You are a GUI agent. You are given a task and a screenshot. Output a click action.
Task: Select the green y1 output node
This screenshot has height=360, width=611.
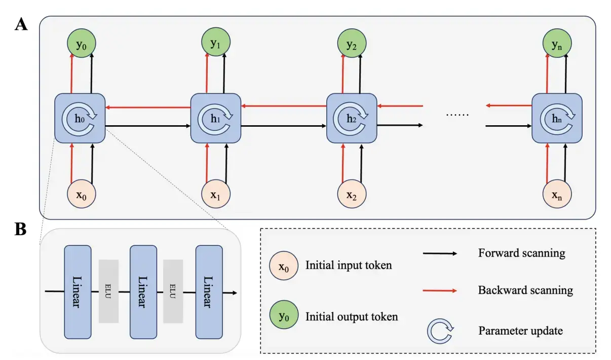pyautogui.click(x=216, y=44)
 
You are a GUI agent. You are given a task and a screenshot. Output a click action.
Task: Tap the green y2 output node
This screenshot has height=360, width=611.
pyautogui.click(x=352, y=44)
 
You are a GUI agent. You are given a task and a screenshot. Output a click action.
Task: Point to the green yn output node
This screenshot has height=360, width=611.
pyautogui.click(x=557, y=44)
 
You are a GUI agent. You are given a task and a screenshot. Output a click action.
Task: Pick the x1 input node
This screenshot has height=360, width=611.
pyautogui.click(x=216, y=194)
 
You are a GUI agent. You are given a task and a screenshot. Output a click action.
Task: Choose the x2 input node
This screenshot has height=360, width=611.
pyautogui.click(x=352, y=194)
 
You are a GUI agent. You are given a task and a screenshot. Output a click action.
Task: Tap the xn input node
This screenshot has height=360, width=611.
pyautogui.click(x=557, y=194)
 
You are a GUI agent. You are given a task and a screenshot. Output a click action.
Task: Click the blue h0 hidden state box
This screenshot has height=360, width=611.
pyautogui.click(x=80, y=118)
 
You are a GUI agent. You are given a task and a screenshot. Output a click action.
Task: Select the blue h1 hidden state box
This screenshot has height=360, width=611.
pyautogui.click(x=216, y=118)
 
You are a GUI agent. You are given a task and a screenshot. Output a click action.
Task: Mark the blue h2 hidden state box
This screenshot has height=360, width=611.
pyautogui.click(x=352, y=118)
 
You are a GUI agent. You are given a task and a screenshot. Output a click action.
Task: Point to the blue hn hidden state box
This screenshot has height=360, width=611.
pyautogui.click(x=557, y=118)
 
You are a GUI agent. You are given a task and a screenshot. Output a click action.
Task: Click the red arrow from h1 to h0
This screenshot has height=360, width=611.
pyautogui.click(x=147, y=107)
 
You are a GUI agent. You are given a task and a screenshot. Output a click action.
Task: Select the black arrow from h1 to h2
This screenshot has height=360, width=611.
pyautogui.click(x=284, y=125)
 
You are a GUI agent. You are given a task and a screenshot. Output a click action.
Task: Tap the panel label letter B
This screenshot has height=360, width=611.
pyautogui.click(x=21, y=229)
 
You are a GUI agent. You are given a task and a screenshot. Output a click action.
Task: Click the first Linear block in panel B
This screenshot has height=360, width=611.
pyautogui.click(x=78, y=292)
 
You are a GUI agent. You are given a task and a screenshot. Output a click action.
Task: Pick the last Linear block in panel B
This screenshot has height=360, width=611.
pyautogui.click(x=209, y=292)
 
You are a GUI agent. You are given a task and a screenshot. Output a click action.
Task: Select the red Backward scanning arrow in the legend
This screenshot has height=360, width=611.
pyautogui.click(x=439, y=291)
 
